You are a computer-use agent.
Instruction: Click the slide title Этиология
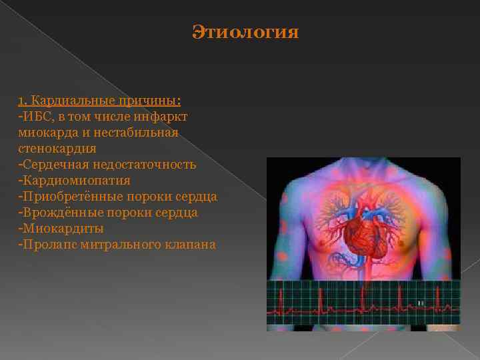coord(245,32)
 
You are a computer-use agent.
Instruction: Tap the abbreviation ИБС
coord(34,116)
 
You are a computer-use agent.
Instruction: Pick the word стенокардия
coord(57,148)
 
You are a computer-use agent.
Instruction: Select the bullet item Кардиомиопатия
coord(76,180)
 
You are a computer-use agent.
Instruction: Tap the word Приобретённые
coord(65,196)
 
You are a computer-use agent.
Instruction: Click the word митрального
coord(117,244)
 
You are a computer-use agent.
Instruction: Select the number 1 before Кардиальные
coord(21,100)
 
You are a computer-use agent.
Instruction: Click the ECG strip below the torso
coord(363,303)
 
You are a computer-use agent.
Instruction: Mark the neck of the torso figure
coord(363,170)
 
